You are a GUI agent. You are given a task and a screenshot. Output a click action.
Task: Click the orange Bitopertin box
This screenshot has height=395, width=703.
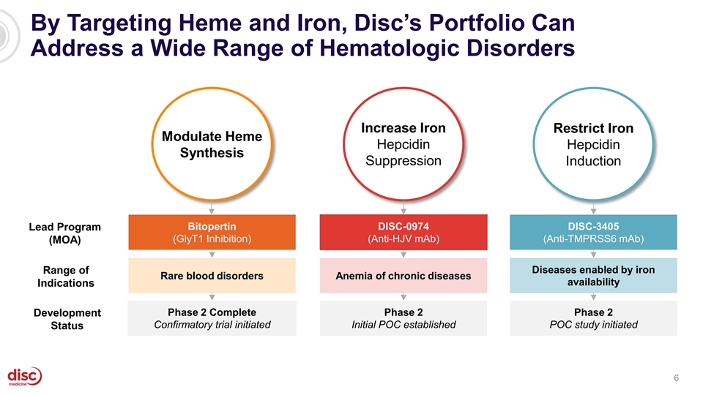[x=212, y=231]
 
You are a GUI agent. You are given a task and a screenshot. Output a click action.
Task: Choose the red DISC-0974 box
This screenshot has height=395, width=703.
[x=403, y=231]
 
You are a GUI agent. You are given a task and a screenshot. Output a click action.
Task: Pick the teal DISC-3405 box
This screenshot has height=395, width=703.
[x=593, y=231]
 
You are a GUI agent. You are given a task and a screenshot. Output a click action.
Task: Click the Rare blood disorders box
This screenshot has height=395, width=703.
[x=212, y=276]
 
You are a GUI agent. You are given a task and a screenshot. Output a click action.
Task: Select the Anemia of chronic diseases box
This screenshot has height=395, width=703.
[x=403, y=276]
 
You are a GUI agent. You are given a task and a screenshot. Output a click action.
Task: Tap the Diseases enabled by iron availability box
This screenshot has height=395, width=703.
[x=593, y=276]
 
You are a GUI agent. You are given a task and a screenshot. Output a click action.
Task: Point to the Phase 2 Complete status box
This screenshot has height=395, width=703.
[x=212, y=318]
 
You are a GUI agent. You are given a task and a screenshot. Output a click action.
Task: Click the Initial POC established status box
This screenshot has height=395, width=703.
[x=403, y=318]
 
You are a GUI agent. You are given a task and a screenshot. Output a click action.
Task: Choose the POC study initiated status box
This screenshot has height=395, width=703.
[x=593, y=318]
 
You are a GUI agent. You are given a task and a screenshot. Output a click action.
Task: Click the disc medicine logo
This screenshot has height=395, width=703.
[x=25, y=376]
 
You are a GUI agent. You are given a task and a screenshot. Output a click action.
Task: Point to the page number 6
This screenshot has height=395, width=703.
[x=677, y=377]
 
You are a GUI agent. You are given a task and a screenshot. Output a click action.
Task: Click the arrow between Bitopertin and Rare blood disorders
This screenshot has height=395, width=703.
[x=212, y=253]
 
